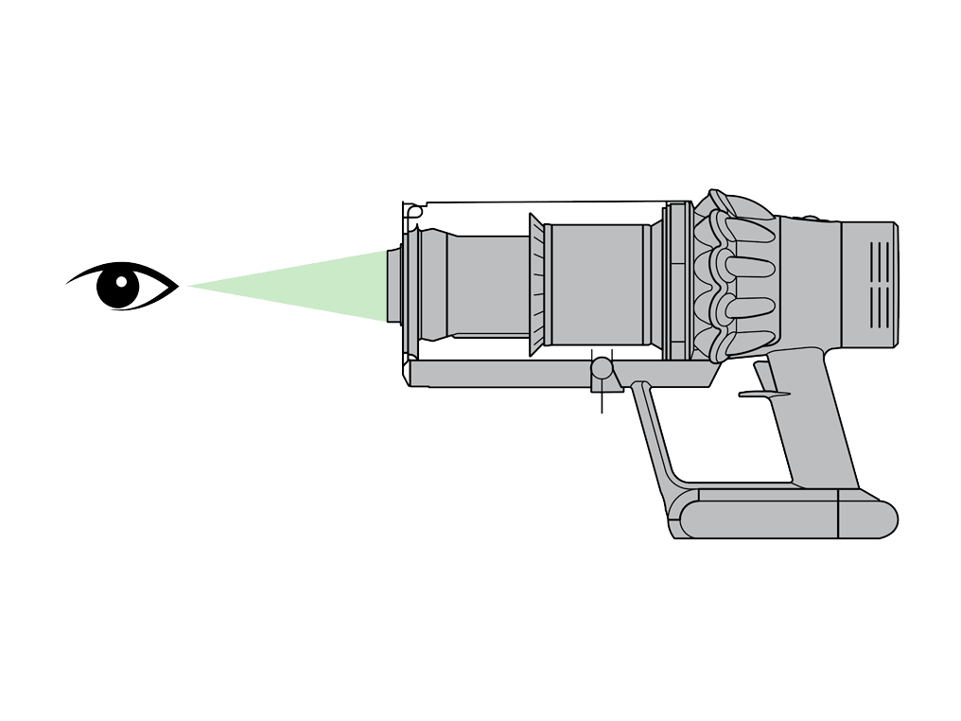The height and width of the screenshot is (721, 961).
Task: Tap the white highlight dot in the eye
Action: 122,281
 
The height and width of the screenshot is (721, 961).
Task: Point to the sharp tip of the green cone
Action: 189,285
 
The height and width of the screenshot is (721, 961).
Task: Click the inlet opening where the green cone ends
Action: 393,285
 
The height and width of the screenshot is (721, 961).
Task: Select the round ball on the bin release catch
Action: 602,368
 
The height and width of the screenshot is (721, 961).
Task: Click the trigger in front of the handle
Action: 762,393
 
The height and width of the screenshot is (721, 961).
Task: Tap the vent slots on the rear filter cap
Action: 880,285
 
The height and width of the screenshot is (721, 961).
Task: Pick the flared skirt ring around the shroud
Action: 536,285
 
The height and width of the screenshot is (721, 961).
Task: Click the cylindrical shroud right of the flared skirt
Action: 597,285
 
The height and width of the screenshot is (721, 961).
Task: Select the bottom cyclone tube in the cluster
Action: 747,341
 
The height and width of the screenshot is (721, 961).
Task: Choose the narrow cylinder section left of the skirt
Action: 488,285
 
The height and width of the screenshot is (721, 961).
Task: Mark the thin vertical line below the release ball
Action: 602,401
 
